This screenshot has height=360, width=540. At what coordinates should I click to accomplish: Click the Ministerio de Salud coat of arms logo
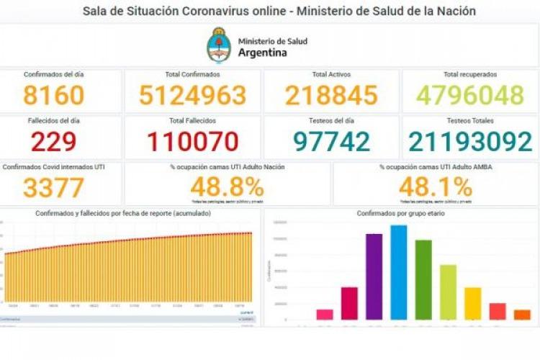(220, 45)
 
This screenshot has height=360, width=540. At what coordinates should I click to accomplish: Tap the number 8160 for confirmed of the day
(53, 95)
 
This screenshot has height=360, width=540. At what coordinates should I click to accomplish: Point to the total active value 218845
(331, 95)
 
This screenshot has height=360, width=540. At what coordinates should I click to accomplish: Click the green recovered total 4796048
(471, 95)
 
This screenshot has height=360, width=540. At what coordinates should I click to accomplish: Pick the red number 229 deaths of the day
(53, 141)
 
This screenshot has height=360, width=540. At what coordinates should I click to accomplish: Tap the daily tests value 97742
(331, 141)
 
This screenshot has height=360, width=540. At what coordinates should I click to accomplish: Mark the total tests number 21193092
(471, 141)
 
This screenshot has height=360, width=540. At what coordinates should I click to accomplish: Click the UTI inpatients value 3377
(53, 188)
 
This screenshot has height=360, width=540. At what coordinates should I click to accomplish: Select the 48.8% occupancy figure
(227, 187)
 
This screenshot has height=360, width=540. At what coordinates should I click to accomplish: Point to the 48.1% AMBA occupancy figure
(436, 187)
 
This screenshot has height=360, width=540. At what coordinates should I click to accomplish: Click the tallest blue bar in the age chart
(399, 274)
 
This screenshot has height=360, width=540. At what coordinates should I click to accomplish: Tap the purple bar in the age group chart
(374, 277)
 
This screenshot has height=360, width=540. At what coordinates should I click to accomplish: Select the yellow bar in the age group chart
(472, 303)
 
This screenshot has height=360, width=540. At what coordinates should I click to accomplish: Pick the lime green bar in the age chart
(448, 292)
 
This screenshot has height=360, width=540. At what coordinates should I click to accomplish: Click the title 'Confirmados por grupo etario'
(401, 214)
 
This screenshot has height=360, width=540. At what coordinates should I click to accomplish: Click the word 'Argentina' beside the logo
(262, 53)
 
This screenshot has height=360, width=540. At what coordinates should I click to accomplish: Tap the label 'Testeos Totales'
(471, 121)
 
